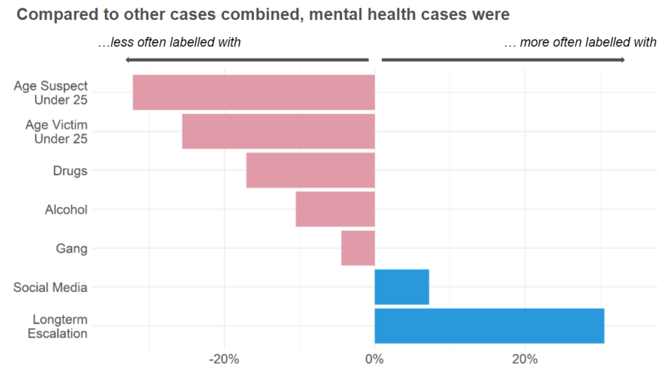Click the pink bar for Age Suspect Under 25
(x=253, y=92)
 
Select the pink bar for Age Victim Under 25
(x=278, y=131)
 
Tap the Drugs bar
(x=310, y=170)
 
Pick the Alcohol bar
(x=335, y=209)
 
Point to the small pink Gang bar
(x=358, y=248)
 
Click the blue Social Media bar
(x=402, y=286)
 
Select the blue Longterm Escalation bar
(x=489, y=326)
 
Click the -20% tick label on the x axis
(x=224, y=359)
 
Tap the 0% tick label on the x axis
(x=374, y=359)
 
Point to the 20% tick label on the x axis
(x=525, y=359)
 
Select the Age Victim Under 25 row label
(x=56, y=132)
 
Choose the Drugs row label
(x=70, y=170)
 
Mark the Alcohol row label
(x=66, y=210)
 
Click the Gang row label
(x=71, y=248)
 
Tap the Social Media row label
(x=50, y=287)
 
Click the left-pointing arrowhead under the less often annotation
(x=128, y=60)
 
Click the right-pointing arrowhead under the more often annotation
(x=621, y=60)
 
